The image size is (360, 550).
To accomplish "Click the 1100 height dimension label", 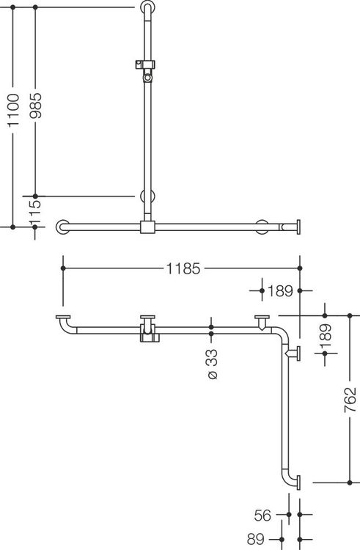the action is [13, 110].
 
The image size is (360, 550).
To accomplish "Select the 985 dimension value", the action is [35, 106].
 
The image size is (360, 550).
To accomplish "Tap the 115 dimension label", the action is [35, 213].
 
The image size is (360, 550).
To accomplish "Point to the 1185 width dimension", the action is [183, 268].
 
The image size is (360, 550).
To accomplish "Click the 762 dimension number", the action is [350, 400].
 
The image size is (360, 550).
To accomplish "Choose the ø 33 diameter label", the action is [212, 364].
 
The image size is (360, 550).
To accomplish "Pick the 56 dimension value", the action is [262, 516].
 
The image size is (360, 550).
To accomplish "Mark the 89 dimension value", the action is [256, 539].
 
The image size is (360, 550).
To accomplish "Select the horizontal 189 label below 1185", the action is [280, 291].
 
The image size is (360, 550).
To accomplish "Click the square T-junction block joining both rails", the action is [147, 227].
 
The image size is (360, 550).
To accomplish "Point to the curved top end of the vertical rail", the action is [147, 8].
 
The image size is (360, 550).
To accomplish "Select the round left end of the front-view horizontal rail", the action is [62, 227].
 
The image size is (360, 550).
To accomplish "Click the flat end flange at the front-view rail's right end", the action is [298, 227].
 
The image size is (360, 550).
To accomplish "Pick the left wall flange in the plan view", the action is [63, 318].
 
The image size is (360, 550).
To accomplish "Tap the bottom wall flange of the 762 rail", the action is [298, 483].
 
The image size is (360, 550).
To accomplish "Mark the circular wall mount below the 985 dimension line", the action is [147, 196].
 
